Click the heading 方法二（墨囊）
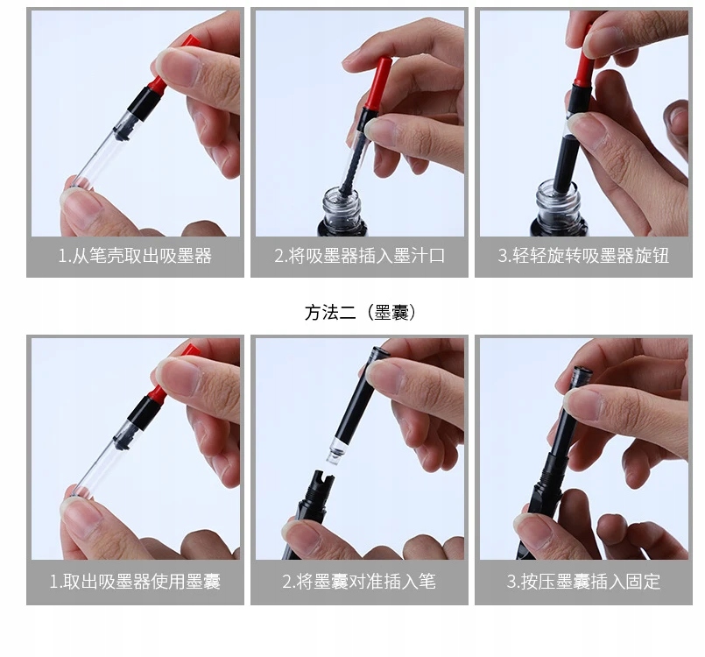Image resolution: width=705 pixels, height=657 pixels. point(360,312)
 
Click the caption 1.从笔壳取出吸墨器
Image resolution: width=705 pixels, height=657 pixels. point(135,256)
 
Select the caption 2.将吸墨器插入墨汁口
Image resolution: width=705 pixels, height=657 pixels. point(360,256)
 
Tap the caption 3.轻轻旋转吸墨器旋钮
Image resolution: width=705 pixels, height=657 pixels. point(583,256)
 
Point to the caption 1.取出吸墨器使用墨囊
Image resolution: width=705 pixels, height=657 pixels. point(135,582)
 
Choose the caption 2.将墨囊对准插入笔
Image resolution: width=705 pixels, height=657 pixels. point(359,582)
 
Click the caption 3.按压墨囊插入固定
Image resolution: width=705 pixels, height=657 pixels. point(583,582)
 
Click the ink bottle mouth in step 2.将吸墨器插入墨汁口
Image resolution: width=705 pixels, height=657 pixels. point(342,196)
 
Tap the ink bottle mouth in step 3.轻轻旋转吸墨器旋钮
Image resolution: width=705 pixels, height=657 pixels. point(558,191)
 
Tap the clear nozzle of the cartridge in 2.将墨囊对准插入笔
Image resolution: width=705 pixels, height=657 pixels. point(333,453)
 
